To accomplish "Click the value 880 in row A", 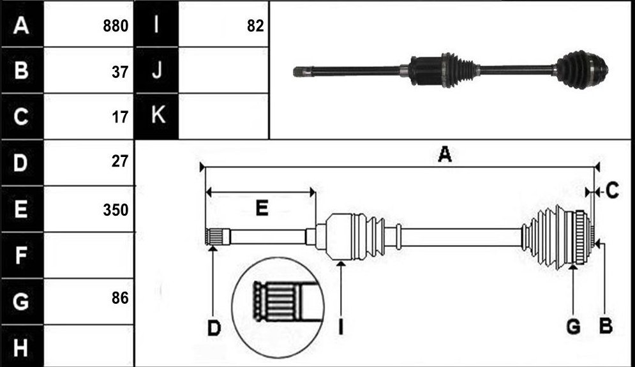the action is (116, 26).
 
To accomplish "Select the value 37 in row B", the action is (120, 72).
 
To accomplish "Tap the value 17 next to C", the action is (120, 117).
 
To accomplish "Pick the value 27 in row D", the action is (120, 161).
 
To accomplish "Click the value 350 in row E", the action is (116, 210).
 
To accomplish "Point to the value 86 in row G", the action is (120, 298).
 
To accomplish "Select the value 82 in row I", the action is (255, 26).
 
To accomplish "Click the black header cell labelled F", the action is (22, 255).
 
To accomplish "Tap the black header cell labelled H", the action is (22, 347).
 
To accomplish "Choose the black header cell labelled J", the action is (156, 70).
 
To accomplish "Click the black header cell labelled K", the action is (156, 116).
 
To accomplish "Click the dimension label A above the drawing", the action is (445, 154).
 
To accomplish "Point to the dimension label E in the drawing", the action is (262, 208).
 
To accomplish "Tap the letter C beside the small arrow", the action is (612, 190).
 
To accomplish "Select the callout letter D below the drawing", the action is (214, 328).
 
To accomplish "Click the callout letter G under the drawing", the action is (573, 327).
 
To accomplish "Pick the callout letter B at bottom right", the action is (606, 326).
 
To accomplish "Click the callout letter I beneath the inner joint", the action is (341, 327).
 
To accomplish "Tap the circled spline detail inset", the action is (278, 308).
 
